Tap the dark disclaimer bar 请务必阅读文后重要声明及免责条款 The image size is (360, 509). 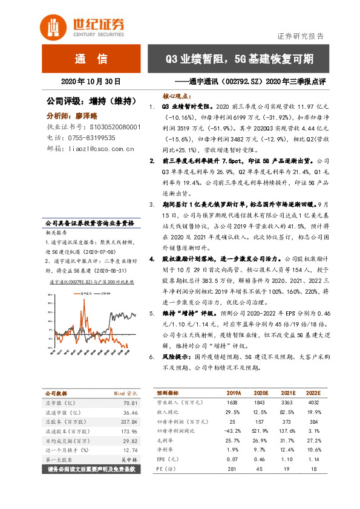(x=94, y=501)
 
